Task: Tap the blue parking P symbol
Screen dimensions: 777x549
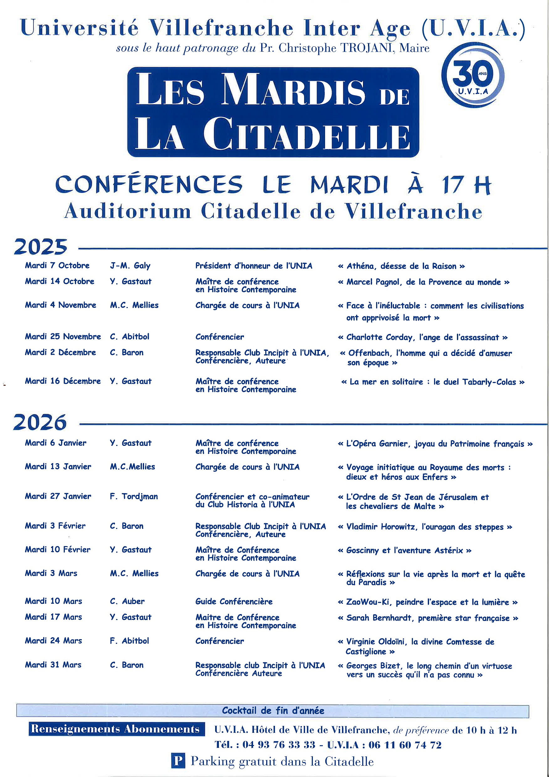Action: [178, 761]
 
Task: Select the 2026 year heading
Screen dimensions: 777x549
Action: [40, 422]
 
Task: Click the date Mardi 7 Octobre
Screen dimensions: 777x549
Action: [57, 265]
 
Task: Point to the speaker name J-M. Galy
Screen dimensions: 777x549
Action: [130, 266]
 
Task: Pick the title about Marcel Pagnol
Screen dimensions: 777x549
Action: [423, 282]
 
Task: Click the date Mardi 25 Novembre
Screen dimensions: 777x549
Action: [63, 336]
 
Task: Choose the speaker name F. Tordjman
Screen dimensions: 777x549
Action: [134, 497]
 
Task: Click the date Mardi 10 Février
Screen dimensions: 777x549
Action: [58, 550]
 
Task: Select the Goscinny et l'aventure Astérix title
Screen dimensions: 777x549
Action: [404, 550]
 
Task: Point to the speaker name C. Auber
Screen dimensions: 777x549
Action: [127, 601]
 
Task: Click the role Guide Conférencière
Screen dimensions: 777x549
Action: [234, 602]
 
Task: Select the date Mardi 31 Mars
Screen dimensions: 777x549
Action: [53, 665]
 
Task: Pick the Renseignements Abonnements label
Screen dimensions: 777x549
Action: [115, 729]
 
